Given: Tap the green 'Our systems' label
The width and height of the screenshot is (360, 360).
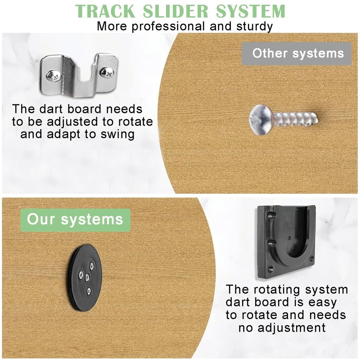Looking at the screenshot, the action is point(75,220).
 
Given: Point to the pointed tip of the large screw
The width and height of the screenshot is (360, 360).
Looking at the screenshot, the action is point(319,120).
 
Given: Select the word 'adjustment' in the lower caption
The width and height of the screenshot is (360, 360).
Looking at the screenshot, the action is point(282,327).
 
